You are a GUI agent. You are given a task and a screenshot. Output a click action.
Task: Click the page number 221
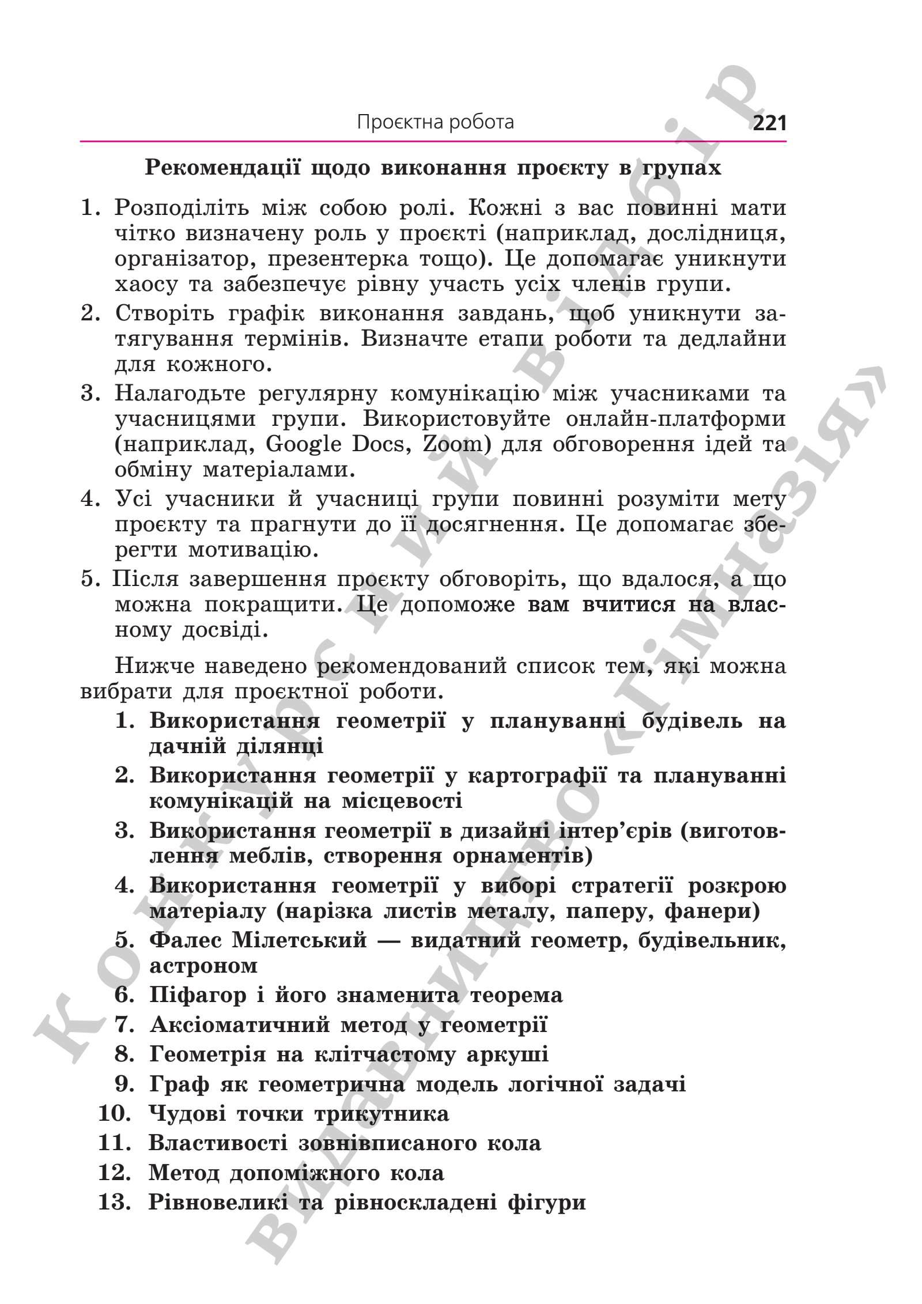[x=769, y=123]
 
